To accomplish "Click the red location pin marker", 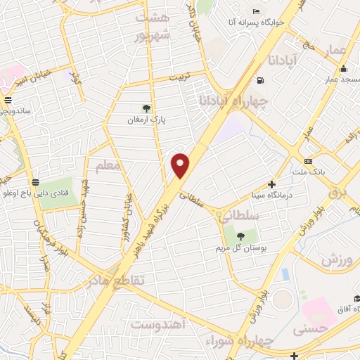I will coord(181,165).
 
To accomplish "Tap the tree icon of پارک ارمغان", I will coord(146,108).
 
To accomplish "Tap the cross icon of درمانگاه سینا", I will coord(272,184).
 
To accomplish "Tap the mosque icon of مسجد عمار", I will coord(343,69).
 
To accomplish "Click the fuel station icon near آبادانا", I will coord(261,79).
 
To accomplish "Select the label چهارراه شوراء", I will coord(233,341).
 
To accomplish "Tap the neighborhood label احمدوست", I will coord(157,324).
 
